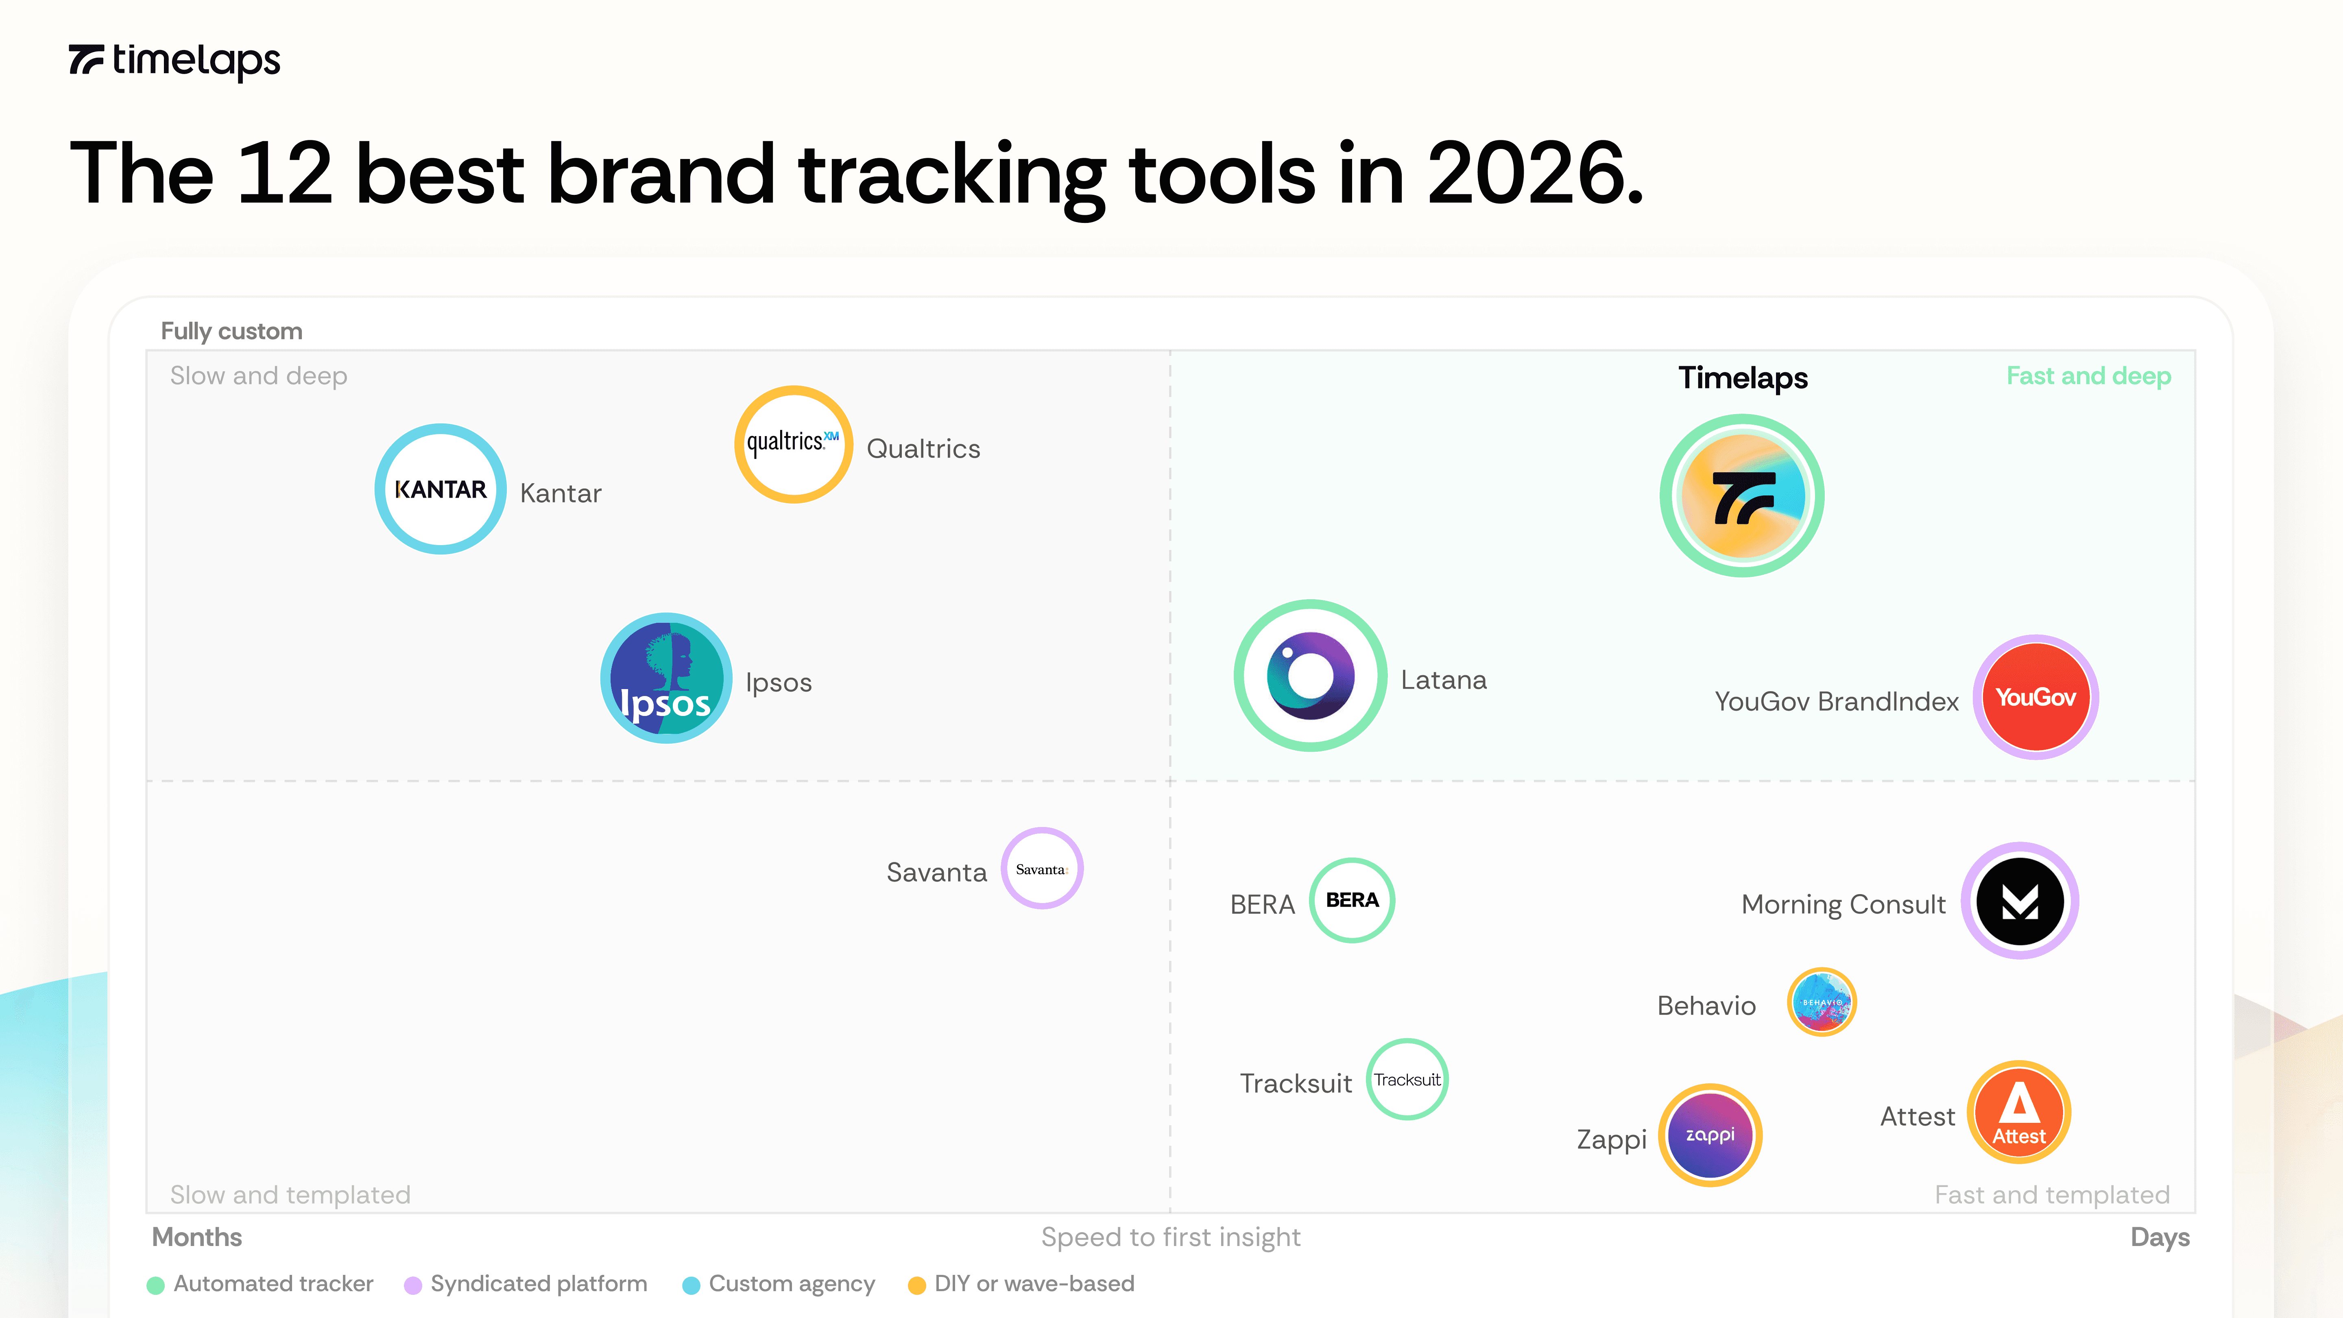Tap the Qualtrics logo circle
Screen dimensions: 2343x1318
pyautogui.click(x=793, y=444)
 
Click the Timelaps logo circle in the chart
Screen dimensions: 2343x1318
pyautogui.click(x=1742, y=496)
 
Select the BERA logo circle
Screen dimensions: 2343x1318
pyautogui.click(x=1352, y=901)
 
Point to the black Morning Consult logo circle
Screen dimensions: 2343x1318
pyautogui.click(x=2019, y=901)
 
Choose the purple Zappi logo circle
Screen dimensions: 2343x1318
pyautogui.click(x=1710, y=1135)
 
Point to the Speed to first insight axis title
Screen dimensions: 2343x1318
pyautogui.click(x=1171, y=1237)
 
